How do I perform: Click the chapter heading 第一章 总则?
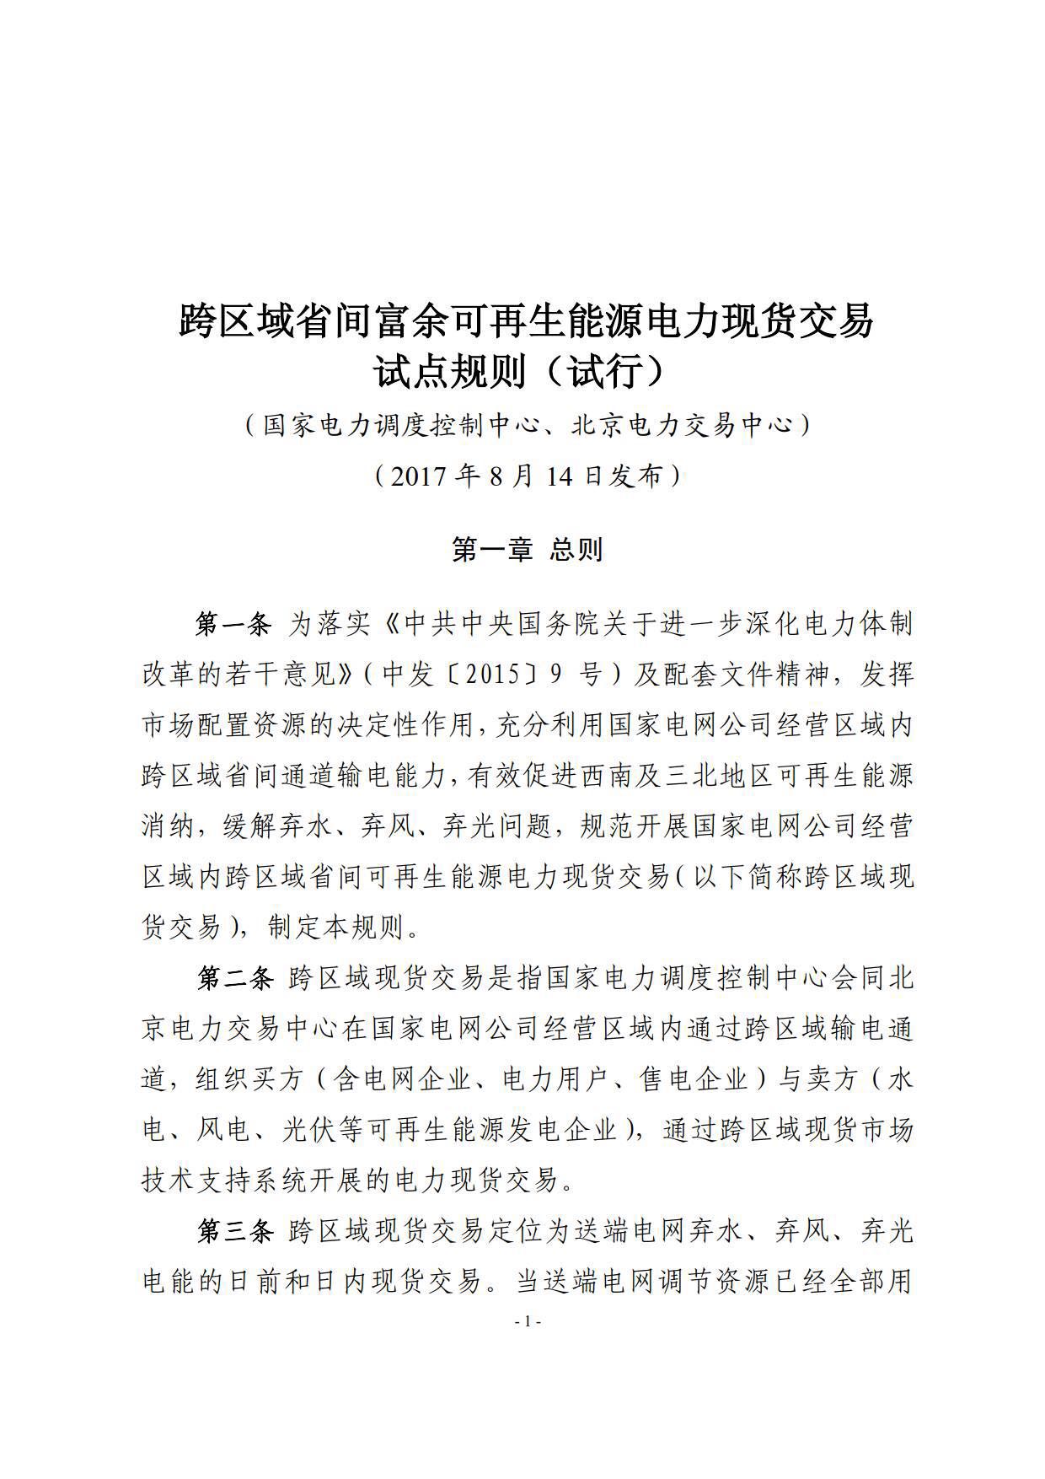[527, 551]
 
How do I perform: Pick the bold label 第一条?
[235, 625]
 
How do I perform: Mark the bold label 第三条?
[235, 1232]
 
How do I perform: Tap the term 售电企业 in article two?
[694, 1080]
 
